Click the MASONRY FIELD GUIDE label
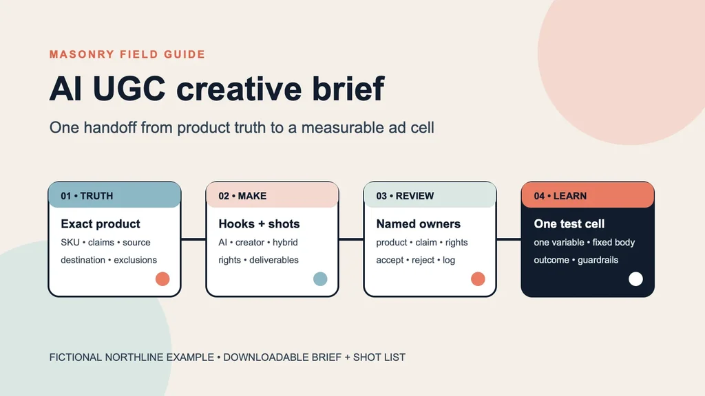point(127,54)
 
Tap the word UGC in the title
point(129,89)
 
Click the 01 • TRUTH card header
point(115,195)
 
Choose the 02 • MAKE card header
point(272,195)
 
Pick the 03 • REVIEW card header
point(430,195)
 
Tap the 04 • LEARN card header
point(588,195)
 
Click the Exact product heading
point(101,223)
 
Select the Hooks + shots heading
point(259,223)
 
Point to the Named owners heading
point(418,223)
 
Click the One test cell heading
point(569,223)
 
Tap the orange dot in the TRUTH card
point(162,279)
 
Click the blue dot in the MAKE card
point(320,279)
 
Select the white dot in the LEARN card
point(635,279)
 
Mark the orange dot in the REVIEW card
point(478,279)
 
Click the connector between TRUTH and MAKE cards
point(193,239)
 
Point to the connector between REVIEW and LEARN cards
point(509,239)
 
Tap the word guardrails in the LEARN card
point(598,260)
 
